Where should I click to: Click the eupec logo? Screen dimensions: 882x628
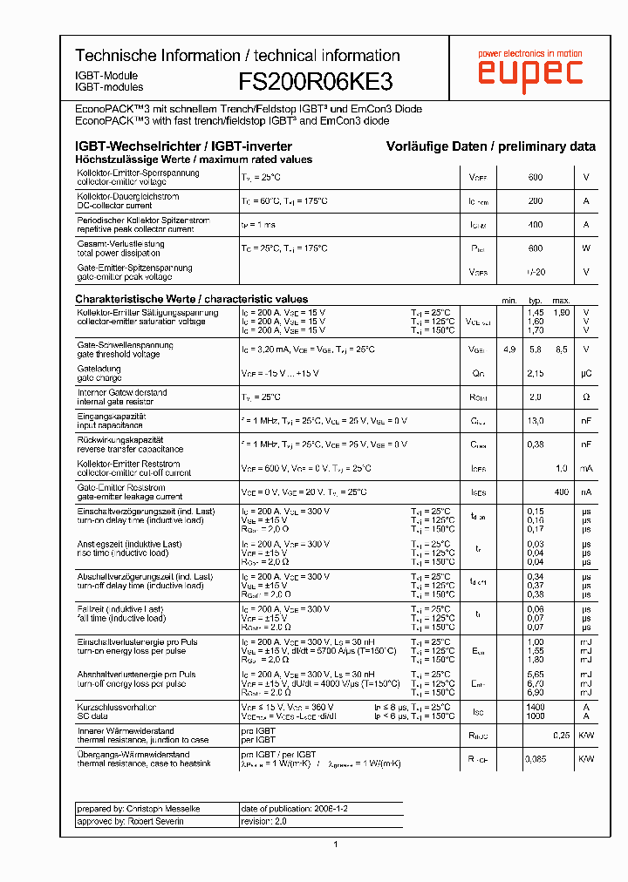(x=529, y=71)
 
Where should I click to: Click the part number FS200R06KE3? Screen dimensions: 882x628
(x=316, y=82)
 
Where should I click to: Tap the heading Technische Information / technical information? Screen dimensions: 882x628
(x=237, y=55)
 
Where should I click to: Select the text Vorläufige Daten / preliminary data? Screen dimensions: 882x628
(x=491, y=146)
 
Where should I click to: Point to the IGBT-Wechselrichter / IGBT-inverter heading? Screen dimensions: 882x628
(x=183, y=146)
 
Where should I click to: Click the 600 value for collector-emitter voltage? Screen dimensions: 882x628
(x=535, y=178)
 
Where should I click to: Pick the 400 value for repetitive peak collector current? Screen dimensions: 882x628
(x=535, y=225)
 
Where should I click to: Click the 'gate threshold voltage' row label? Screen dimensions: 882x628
(x=119, y=354)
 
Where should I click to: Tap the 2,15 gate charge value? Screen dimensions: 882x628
(x=535, y=373)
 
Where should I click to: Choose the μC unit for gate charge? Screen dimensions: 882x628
(x=586, y=373)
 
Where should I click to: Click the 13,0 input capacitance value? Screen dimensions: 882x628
(x=535, y=420)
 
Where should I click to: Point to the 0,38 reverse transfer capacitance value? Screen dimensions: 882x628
(x=535, y=444)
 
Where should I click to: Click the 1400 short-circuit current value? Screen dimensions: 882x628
(x=535, y=707)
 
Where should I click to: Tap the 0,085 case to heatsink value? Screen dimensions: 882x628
(x=535, y=759)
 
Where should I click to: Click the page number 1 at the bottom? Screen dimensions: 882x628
(x=335, y=844)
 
